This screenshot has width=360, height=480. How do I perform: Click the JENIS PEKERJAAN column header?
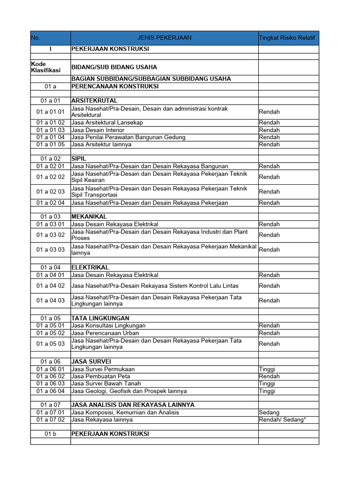coord(164,38)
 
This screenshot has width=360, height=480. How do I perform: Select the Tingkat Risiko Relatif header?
coord(287,38)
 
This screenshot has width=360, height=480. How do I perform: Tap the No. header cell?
coord(36,38)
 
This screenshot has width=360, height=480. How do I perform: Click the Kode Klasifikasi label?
coord(45,67)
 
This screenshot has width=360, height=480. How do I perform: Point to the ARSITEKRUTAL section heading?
coord(94,101)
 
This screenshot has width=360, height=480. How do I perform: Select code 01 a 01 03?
coord(51,130)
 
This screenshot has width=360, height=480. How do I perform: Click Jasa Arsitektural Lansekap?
coord(107,122)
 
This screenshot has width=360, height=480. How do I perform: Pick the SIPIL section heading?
coord(79,159)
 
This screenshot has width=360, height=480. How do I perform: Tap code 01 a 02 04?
coord(51,203)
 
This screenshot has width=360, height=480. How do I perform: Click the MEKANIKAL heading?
coord(89,217)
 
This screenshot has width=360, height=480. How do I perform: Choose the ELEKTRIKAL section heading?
coord(90,267)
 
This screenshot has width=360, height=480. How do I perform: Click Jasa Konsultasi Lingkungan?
coord(108,325)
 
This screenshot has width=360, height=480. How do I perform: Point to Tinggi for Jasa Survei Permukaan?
coord(267,369)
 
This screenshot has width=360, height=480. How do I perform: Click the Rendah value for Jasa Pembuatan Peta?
coord(269,376)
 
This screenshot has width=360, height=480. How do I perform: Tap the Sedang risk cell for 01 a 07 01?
coord(269,412)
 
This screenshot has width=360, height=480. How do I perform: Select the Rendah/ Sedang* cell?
coord(282,420)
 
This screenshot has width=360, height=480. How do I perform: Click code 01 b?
coord(51,434)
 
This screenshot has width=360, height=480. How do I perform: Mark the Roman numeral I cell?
coord(51,49)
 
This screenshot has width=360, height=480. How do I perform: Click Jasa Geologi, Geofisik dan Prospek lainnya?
coord(129,391)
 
